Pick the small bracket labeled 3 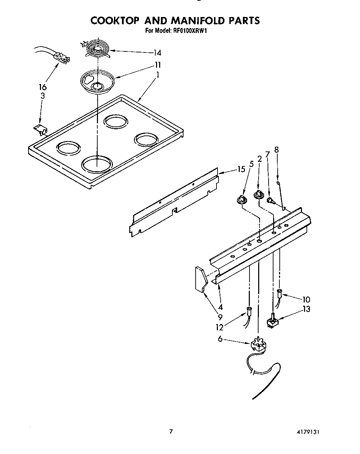[x=41, y=130]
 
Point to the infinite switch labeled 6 [x=257, y=345]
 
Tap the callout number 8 [x=277, y=150]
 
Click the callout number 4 [x=220, y=307]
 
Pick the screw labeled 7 [x=270, y=200]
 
